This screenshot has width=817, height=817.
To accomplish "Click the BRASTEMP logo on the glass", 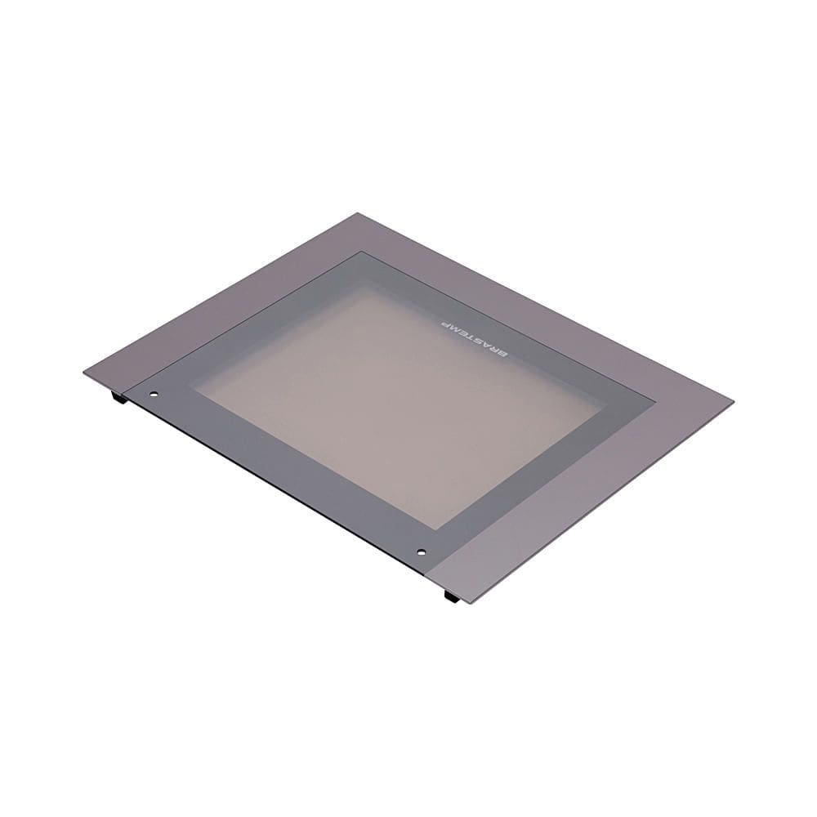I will tap(473, 335).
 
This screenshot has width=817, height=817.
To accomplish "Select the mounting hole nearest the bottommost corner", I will tap(421, 551).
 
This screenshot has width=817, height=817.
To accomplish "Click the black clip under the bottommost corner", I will tap(450, 598).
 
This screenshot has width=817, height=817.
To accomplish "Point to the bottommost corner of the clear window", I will tap(445, 527).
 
